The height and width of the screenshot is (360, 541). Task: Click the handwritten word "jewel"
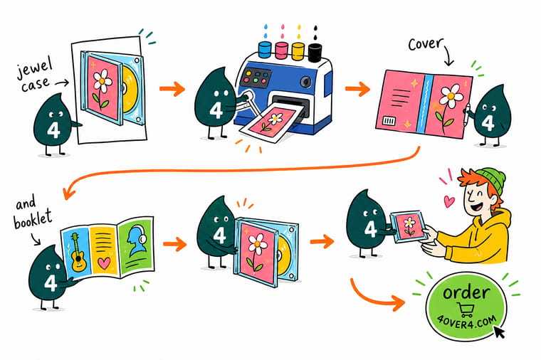click(x=34, y=68)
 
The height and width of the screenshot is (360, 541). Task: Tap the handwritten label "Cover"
click(x=425, y=45)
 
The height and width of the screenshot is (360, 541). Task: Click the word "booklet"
click(x=33, y=220)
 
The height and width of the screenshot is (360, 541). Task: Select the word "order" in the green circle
click(x=466, y=292)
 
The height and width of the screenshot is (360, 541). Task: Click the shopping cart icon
click(x=466, y=309)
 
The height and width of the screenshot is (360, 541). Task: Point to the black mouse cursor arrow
click(x=499, y=332)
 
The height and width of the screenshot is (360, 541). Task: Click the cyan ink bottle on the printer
click(x=265, y=49)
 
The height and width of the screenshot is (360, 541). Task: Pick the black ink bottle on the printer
click(x=315, y=53)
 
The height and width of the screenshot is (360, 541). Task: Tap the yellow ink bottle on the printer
click(x=298, y=51)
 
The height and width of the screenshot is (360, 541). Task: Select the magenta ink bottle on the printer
click(x=282, y=50)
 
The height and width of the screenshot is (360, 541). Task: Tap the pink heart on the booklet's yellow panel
click(x=104, y=263)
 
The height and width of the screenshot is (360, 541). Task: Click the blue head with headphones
click(x=136, y=240)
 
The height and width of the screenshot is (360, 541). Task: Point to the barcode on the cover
click(x=389, y=121)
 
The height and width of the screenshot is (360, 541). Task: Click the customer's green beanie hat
click(x=492, y=180)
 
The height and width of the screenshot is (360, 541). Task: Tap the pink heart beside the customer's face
click(x=448, y=201)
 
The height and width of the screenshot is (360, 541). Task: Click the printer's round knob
click(x=305, y=82)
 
